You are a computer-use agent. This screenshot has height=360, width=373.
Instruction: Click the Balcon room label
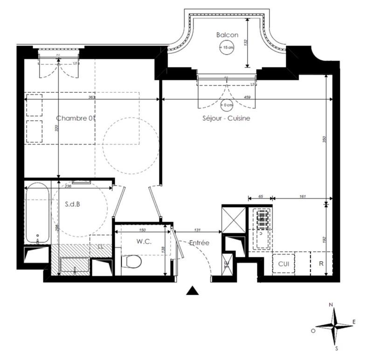(227, 35)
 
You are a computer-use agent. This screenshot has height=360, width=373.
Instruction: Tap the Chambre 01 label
(76, 118)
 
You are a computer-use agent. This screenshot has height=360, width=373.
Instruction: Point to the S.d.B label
(72, 203)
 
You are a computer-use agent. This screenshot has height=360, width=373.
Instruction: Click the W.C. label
(143, 242)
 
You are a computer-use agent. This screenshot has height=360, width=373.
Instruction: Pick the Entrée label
(199, 243)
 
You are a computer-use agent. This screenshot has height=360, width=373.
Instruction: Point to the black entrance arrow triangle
(193, 291)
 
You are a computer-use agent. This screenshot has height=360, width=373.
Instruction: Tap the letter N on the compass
(331, 305)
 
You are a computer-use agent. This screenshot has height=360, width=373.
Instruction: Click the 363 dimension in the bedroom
(91, 97)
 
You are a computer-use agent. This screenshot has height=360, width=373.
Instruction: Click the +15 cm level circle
(227, 48)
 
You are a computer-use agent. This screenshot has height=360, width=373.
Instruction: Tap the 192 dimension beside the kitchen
(325, 239)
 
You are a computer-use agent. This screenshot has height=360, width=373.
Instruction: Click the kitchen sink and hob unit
(262, 228)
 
